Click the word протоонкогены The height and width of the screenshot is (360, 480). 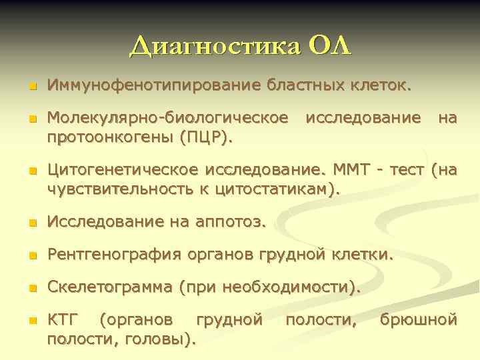click(111, 137)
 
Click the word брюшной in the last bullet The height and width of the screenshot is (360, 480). click(419, 321)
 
